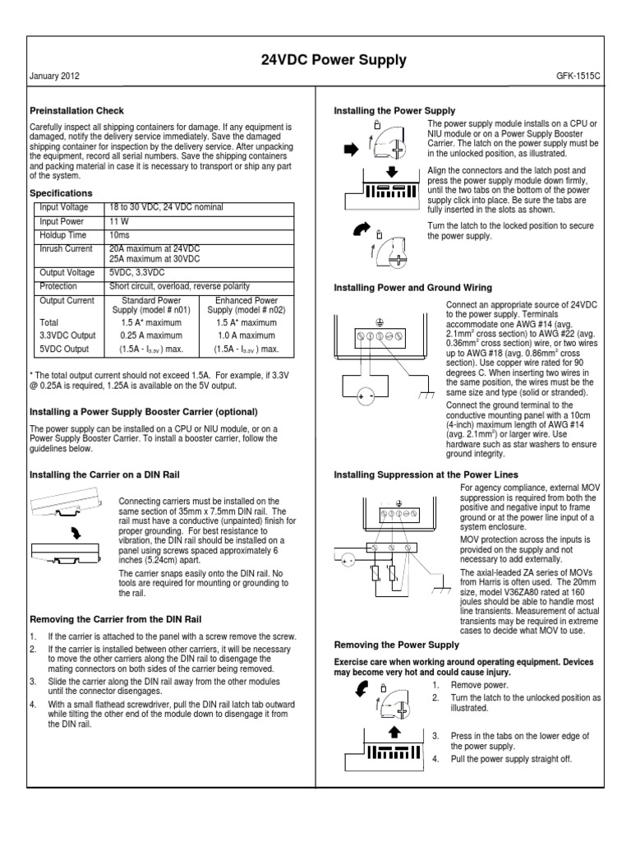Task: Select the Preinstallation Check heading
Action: tap(77, 111)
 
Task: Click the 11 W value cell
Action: tap(120, 221)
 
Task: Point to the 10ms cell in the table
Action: tap(121, 234)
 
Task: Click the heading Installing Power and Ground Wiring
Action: tap(412, 288)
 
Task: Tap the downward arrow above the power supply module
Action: tap(392, 173)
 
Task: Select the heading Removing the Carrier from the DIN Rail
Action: tap(115, 618)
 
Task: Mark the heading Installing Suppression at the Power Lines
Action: tap(426, 475)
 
